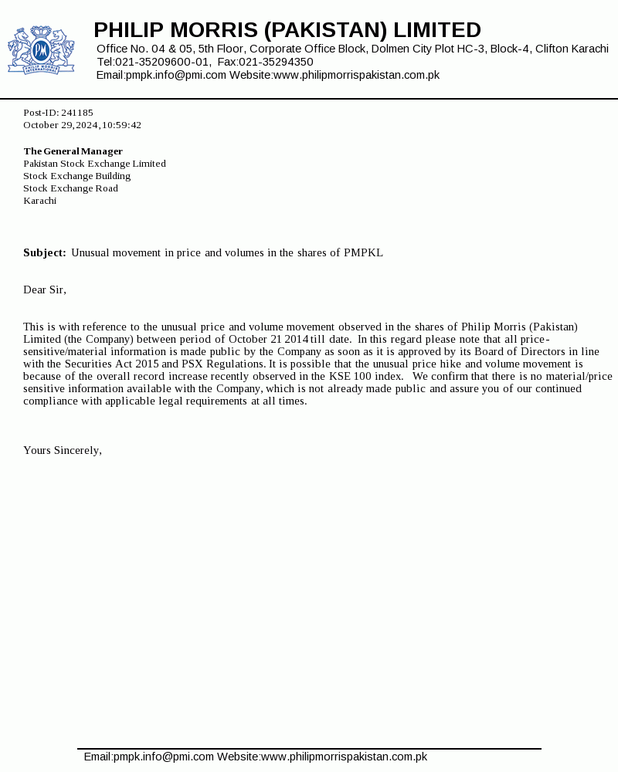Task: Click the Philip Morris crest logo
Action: pos(41,50)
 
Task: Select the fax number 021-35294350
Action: pos(276,62)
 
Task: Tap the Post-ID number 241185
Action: pos(77,113)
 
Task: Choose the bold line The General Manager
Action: pos(73,151)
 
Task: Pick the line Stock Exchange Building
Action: pos(76,176)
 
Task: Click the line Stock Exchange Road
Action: pos(70,188)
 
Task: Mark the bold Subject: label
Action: pos(45,252)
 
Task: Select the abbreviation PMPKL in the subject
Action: pos(363,252)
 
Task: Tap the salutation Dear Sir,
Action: pos(45,289)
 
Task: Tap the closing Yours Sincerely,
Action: pos(63,450)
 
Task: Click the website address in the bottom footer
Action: pos(344,757)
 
